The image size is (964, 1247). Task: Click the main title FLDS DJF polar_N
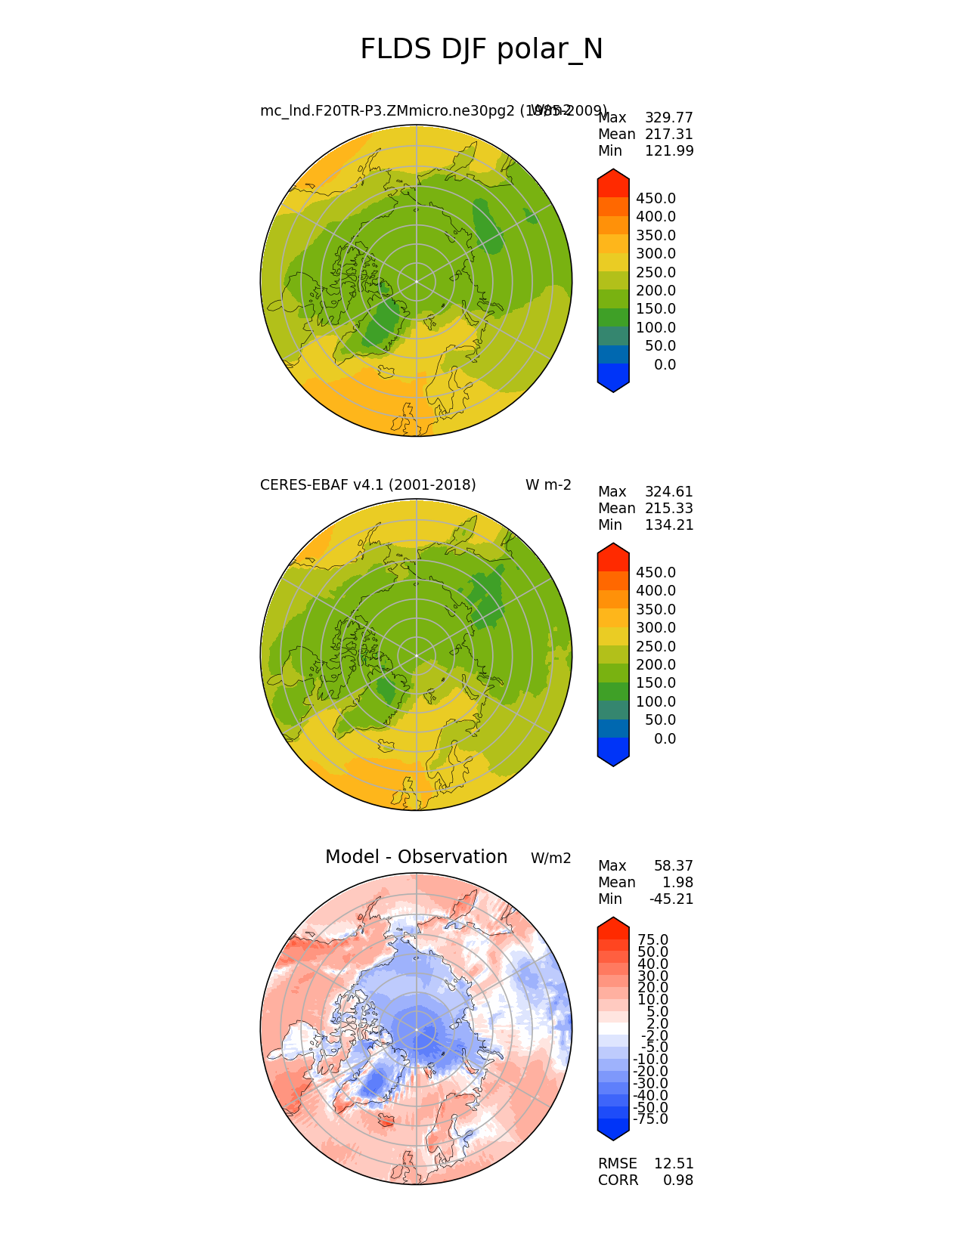[482, 50]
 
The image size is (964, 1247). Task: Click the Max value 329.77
[668, 118]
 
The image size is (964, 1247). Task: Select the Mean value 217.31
[668, 135]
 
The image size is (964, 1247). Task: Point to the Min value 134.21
[668, 525]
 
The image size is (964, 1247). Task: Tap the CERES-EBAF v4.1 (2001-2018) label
[367, 485]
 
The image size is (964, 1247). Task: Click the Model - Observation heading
[416, 857]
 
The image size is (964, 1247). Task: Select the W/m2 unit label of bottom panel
[550, 859]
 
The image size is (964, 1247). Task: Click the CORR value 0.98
[678, 1180]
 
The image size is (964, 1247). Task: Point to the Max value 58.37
[673, 866]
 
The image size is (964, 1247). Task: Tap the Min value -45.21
[671, 899]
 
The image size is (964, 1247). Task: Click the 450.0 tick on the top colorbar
[656, 199]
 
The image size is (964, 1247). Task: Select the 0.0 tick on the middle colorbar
[665, 739]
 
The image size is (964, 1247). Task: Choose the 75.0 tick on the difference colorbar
[653, 940]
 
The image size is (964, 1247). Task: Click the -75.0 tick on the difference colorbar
[650, 1119]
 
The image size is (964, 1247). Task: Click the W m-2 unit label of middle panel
[548, 485]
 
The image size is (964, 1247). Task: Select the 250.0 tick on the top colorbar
[656, 273]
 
